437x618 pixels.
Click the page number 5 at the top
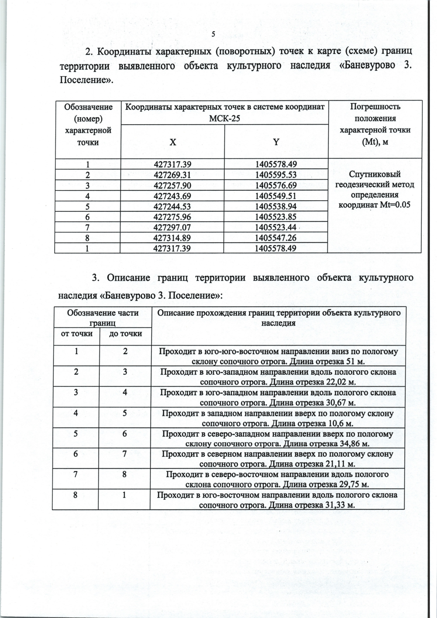coord(213,34)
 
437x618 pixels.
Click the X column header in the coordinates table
coord(173,142)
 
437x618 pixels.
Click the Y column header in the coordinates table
coord(276,142)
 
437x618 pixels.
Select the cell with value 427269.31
coord(172,175)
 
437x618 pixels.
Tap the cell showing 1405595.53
coord(276,175)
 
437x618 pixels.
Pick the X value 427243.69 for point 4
coord(172,196)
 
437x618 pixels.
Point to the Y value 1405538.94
coord(276,206)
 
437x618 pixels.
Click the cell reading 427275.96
coord(172,217)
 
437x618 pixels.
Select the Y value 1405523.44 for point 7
coord(276,228)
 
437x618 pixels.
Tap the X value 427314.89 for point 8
coord(172,238)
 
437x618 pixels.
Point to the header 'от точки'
coord(76,334)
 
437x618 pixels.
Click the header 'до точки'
coord(125,334)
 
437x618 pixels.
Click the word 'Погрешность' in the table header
coord(375,107)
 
